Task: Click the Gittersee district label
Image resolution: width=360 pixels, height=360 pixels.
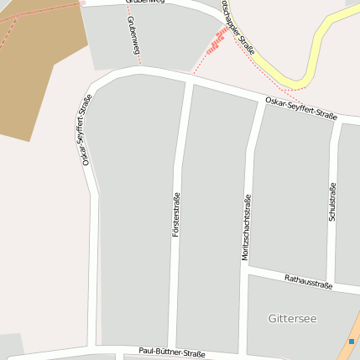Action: click(x=292, y=319)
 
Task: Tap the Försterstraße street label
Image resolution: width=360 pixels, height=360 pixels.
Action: click(x=176, y=214)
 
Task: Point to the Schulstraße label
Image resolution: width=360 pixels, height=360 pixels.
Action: click(x=333, y=202)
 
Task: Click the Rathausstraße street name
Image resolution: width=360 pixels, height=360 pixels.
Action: click(x=308, y=281)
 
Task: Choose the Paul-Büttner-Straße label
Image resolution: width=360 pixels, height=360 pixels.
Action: click(x=172, y=352)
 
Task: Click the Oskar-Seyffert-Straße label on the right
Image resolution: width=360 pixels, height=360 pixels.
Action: click(x=300, y=107)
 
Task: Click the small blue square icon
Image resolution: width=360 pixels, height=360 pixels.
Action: click(x=351, y=342)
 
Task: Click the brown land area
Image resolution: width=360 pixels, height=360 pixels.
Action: click(x=34, y=67)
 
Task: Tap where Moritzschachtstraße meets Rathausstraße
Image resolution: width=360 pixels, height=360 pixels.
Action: click(x=244, y=270)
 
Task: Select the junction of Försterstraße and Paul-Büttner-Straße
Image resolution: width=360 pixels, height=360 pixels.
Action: click(x=172, y=346)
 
